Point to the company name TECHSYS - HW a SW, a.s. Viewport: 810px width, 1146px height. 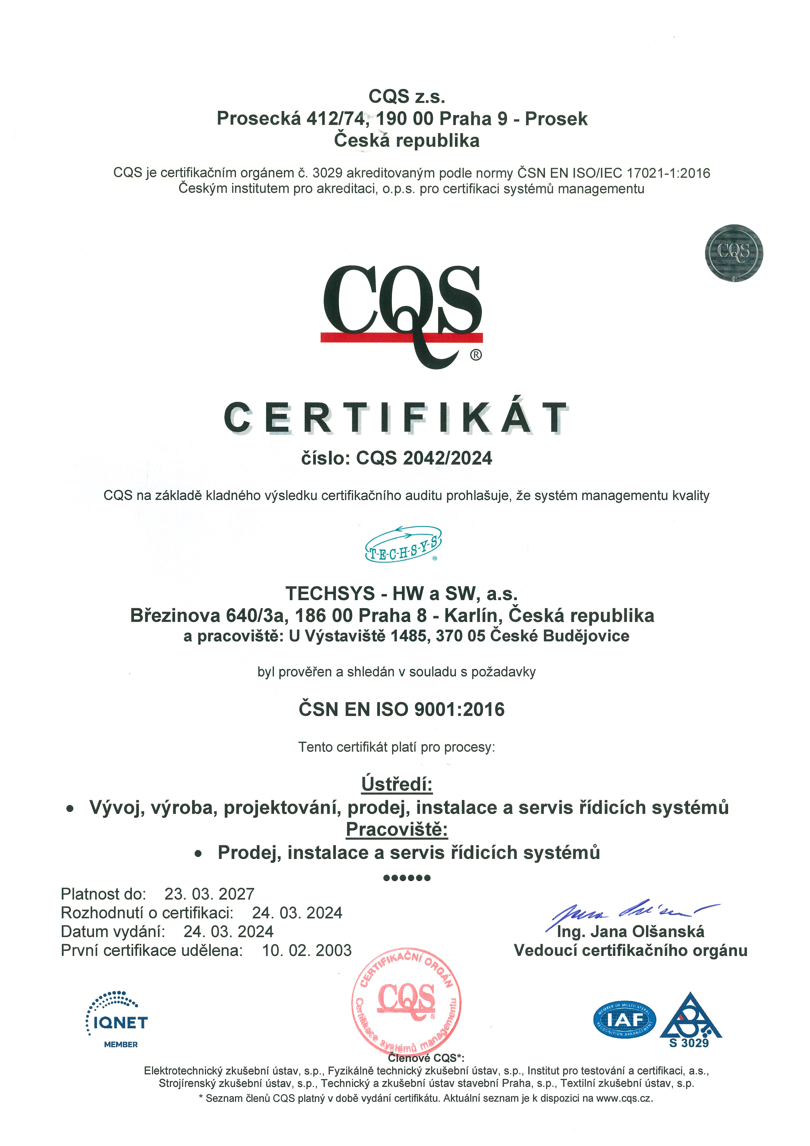tap(402, 593)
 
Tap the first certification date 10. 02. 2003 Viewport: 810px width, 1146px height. tap(307, 950)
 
